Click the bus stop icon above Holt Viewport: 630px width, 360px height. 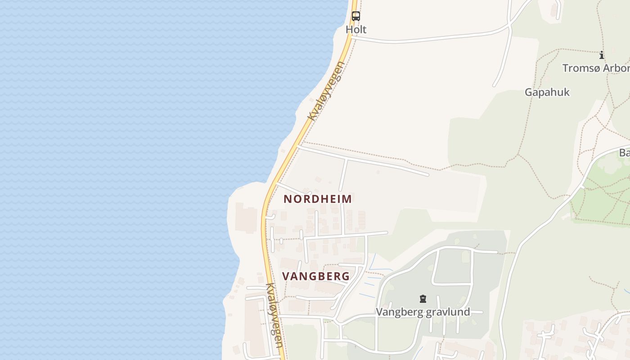[355, 16]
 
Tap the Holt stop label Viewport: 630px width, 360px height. [356, 30]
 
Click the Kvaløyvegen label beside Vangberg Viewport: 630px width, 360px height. [274, 315]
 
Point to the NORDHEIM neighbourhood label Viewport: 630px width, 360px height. [318, 199]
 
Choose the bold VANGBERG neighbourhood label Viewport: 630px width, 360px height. [316, 276]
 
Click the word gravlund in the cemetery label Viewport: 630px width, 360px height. [449, 312]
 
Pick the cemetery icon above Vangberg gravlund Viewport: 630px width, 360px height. [423, 299]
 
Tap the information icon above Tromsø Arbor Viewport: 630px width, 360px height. [602, 55]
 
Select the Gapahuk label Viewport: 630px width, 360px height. [547, 92]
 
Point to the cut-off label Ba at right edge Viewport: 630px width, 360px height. [625, 153]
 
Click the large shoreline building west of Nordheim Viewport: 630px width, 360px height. [245, 218]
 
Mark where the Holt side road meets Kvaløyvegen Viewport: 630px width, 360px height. [351, 39]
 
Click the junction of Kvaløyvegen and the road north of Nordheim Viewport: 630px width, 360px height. [298, 146]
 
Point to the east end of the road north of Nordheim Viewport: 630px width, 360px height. [427, 174]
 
